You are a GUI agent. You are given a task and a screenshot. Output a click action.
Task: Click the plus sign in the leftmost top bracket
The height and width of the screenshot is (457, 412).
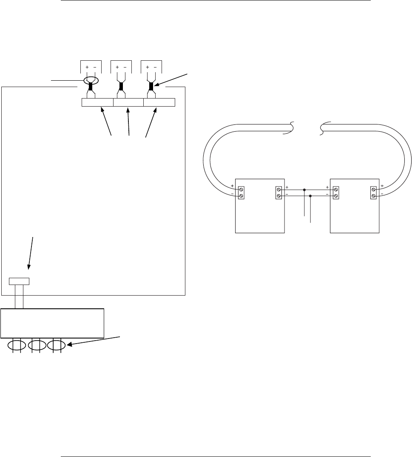pyautogui.click(x=87, y=67)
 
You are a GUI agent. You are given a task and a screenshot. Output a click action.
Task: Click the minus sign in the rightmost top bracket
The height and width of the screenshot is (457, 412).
pyautogui.click(x=155, y=67)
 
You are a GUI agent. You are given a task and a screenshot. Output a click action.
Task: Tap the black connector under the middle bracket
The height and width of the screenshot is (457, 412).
pyautogui.click(x=121, y=87)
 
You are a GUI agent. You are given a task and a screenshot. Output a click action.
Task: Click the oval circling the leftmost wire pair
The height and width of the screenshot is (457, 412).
pyautogui.click(x=91, y=80)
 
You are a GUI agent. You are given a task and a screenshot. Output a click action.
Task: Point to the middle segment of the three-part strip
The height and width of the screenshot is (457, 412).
pyautogui.click(x=128, y=102)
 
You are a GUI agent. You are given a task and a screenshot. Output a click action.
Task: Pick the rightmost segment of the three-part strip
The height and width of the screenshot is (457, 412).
pyautogui.click(x=159, y=102)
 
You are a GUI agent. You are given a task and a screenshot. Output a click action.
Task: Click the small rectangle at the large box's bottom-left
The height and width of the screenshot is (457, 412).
pyautogui.click(x=19, y=281)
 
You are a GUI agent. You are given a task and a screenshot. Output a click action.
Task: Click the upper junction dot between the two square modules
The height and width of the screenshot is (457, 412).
pyautogui.click(x=305, y=190)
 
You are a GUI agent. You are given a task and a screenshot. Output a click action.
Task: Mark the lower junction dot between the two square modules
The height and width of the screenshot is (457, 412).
pyautogui.click(x=311, y=196)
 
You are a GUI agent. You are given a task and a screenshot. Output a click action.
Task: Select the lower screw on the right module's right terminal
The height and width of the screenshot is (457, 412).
pyautogui.click(x=373, y=195)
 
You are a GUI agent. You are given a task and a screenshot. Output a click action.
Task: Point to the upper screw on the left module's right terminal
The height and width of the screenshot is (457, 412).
pyautogui.click(x=278, y=189)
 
